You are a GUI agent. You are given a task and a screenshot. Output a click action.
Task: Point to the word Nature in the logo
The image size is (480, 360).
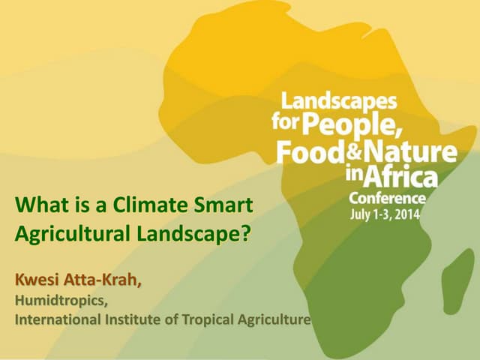tap(408, 152)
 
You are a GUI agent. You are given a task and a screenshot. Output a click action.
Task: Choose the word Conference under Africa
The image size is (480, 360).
tap(387, 198)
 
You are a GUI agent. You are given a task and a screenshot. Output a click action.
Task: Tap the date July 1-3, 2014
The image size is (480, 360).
tap(385, 213)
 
